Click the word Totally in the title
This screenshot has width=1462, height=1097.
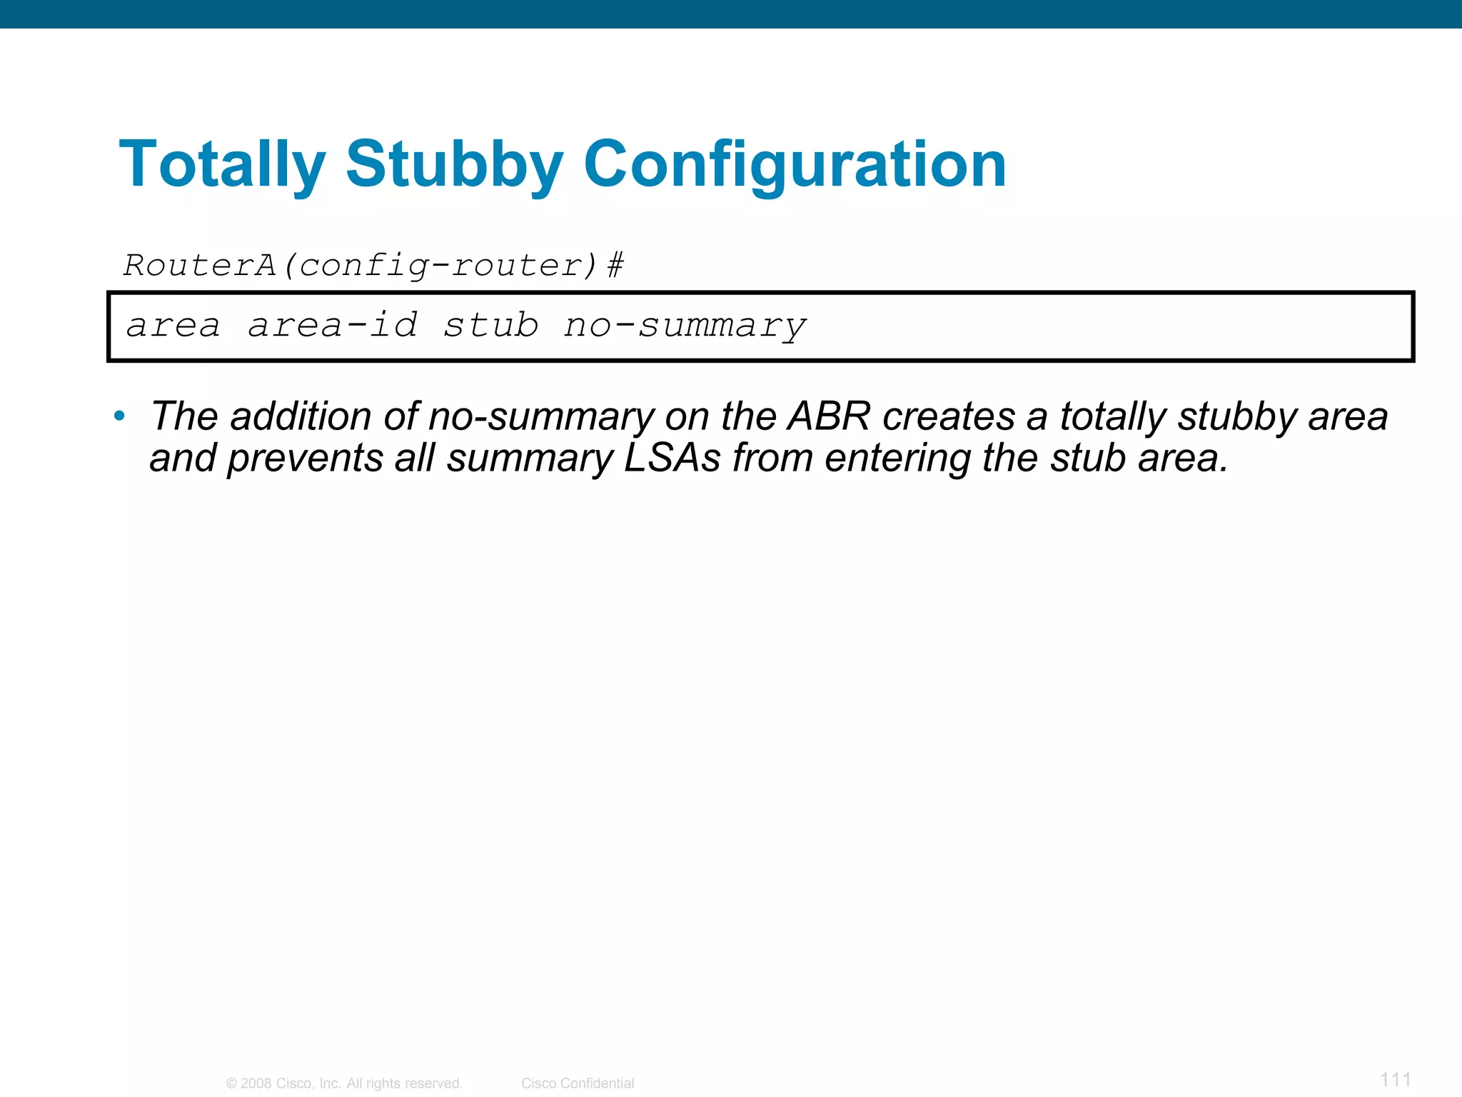click(222, 166)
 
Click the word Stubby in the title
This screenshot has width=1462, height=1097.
click(455, 166)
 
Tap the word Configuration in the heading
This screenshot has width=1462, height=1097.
click(794, 166)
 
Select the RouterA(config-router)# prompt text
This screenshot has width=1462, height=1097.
click(373, 266)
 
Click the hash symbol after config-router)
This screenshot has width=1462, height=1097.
click(615, 266)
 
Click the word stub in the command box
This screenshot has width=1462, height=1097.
click(490, 326)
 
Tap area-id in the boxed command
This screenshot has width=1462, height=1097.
click(333, 326)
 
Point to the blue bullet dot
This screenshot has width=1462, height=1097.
click(119, 415)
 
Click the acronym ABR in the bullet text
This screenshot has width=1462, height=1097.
click(828, 416)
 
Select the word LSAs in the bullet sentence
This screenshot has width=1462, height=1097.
click(672, 459)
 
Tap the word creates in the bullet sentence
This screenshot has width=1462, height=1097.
click(948, 416)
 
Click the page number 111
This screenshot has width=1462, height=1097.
click(1395, 1079)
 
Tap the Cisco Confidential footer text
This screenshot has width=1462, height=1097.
click(577, 1083)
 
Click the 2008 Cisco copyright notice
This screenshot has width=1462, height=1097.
click(344, 1083)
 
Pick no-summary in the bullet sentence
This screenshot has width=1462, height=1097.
click(540, 416)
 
